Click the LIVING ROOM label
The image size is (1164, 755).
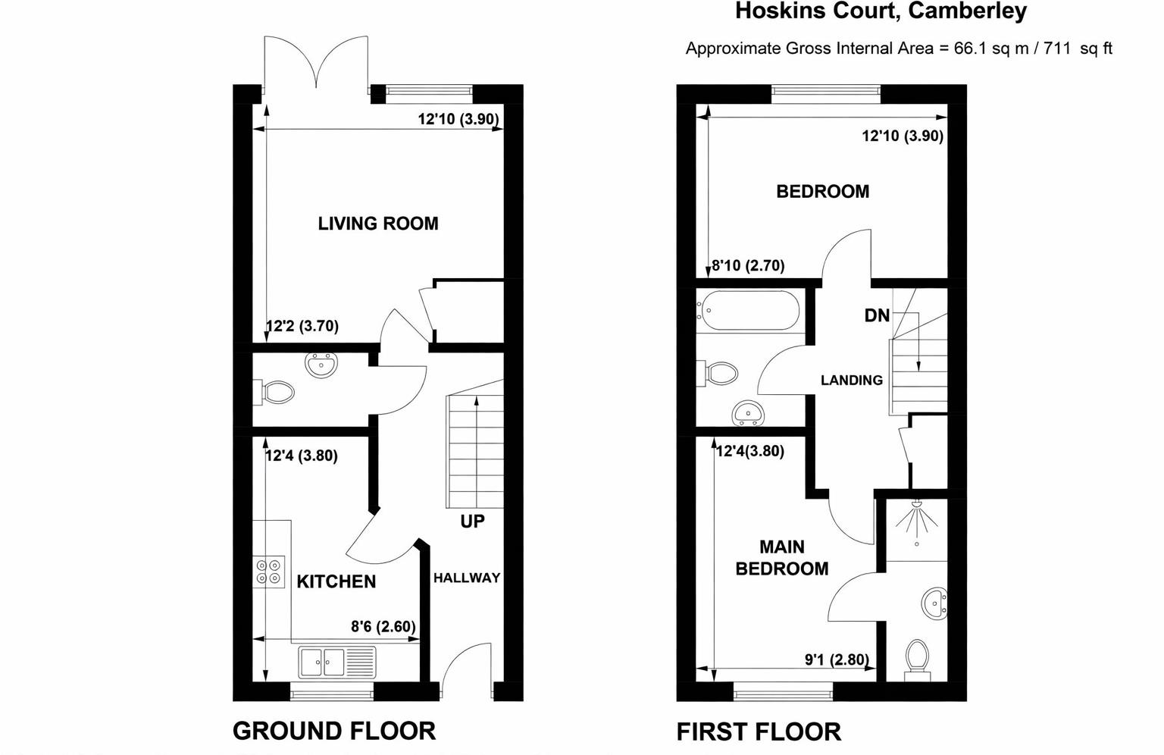[x=378, y=224]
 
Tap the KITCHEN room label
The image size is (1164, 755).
[x=336, y=581]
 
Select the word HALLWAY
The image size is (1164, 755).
[x=467, y=578]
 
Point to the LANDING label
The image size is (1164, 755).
[x=852, y=380]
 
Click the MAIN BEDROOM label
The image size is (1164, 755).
[x=782, y=557]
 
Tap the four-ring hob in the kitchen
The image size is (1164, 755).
[x=269, y=572]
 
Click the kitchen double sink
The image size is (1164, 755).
[x=336, y=662]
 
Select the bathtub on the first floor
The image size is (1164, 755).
[x=748, y=311]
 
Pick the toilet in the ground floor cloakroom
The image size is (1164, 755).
[x=274, y=393]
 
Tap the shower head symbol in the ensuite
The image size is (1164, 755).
[x=917, y=519]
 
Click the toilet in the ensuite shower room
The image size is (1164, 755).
[x=917, y=660]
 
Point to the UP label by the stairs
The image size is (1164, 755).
[x=472, y=521]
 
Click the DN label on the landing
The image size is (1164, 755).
[x=877, y=315]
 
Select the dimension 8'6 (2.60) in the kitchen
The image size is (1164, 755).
[x=383, y=626]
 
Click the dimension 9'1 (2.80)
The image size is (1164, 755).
[x=837, y=659]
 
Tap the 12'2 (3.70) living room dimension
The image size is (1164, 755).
[x=302, y=326]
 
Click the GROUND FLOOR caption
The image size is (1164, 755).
[x=334, y=731]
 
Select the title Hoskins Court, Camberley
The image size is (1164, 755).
[x=881, y=11]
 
